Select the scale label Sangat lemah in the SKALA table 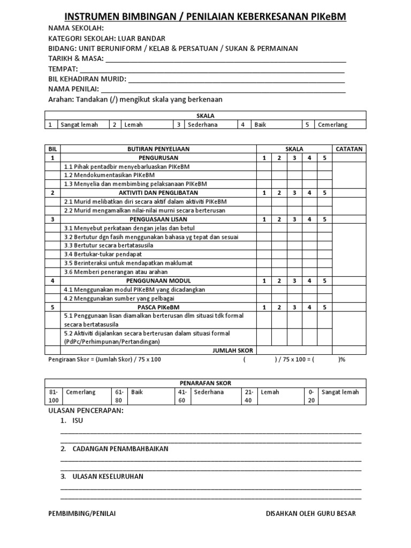coord(79,124)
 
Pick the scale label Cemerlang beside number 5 coord(332,124)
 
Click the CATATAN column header coord(349,149)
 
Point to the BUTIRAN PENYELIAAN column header coord(158,149)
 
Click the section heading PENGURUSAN coord(158,158)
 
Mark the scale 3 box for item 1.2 coord(294,175)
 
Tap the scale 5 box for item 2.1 coord(324,201)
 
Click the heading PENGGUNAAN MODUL coord(158,280)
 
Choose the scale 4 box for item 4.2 coord(309,298)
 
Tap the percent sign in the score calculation coord(342,360)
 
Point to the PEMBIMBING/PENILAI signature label coord(82,514)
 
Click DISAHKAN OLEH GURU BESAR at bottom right coord(310,514)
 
